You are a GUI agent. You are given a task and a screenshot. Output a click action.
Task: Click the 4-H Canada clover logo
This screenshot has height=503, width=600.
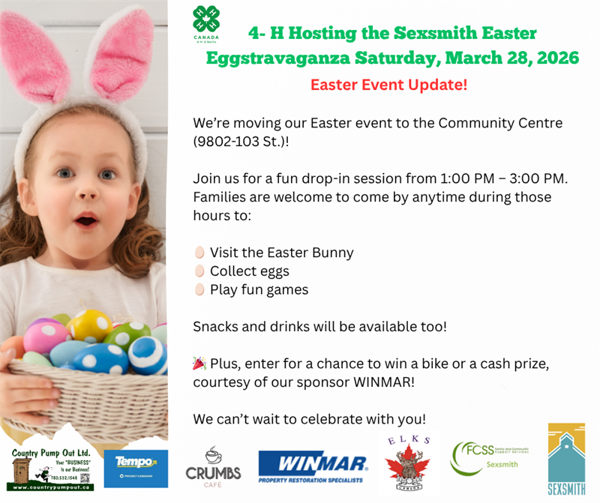pyautogui.click(x=206, y=20)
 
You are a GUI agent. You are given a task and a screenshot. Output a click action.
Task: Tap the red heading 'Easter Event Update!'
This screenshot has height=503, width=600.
pyautogui.click(x=388, y=85)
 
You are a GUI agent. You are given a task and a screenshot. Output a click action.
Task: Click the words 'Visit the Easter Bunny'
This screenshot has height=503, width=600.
pyautogui.click(x=281, y=253)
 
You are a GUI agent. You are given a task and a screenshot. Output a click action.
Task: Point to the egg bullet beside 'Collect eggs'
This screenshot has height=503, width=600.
pyautogui.click(x=199, y=271)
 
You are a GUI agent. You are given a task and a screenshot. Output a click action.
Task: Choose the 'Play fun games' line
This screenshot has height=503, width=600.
pyautogui.click(x=259, y=289)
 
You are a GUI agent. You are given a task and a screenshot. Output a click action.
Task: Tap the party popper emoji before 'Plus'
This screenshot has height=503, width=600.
pyautogui.click(x=199, y=364)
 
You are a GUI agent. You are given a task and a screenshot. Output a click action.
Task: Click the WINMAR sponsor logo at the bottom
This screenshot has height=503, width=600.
pyautogui.click(x=313, y=466)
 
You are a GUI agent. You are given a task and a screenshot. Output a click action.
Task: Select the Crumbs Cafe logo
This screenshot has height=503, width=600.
pyautogui.click(x=214, y=466)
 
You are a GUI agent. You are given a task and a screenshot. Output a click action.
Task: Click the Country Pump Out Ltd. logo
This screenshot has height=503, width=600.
pyautogui.click(x=51, y=467)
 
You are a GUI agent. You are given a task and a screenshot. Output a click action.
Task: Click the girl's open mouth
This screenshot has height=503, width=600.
pyautogui.click(x=86, y=220)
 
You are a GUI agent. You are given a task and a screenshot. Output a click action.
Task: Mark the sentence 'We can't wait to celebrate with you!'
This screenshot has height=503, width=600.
pyautogui.click(x=309, y=418)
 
